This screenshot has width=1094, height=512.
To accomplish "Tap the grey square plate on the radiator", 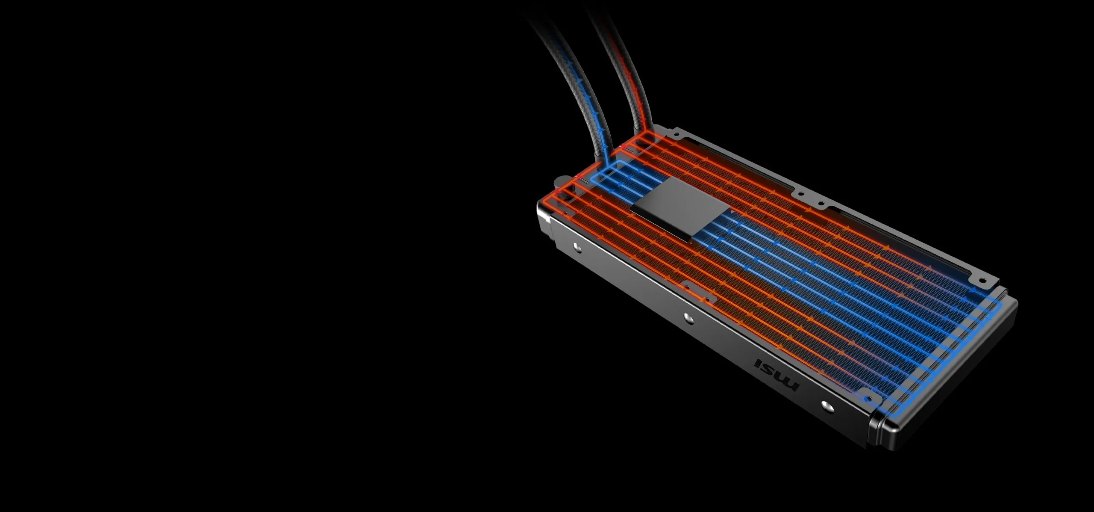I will coord(680,207).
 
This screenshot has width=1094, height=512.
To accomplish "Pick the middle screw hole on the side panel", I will coord(687,317).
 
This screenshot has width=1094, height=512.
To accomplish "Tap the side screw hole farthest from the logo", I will coord(576,246).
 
